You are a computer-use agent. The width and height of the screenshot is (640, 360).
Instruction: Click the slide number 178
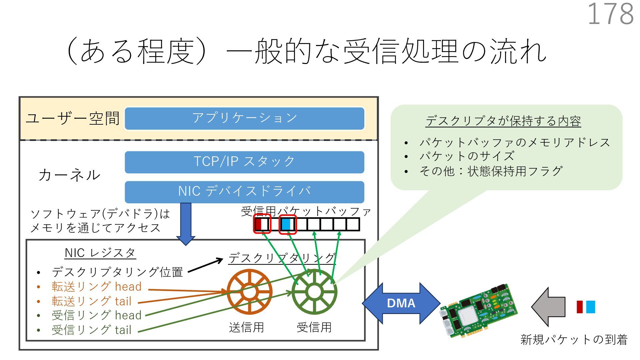[x=611, y=14]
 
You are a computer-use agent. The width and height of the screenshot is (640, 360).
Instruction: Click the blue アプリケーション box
[x=244, y=118]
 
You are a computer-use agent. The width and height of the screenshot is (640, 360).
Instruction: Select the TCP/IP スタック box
[x=244, y=162]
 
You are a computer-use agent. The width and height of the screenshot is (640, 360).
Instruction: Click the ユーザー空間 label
[x=73, y=119]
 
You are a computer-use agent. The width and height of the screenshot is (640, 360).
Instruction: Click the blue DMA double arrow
[x=401, y=303]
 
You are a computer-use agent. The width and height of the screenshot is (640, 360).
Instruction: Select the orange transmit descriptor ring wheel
[x=249, y=292]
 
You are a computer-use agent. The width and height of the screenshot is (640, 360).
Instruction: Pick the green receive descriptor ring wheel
[x=314, y=292]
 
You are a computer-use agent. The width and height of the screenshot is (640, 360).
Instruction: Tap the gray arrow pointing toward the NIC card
[x=548, y=307]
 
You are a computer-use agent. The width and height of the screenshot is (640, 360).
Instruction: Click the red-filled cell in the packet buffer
[x=258, y=224]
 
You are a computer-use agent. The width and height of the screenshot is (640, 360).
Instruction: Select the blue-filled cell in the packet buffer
[x=286, y=224]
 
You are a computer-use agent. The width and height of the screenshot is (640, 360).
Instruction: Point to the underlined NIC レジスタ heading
[x=100, y=253]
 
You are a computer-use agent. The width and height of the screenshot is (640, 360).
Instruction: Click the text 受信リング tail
[x=92, y=330]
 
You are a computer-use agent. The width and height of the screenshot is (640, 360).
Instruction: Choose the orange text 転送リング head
[x=97, y=287]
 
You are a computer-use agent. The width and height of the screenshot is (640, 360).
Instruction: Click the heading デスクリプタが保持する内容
[x=503, y=121]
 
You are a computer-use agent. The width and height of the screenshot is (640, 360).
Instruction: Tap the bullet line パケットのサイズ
[x=467, y=156]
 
